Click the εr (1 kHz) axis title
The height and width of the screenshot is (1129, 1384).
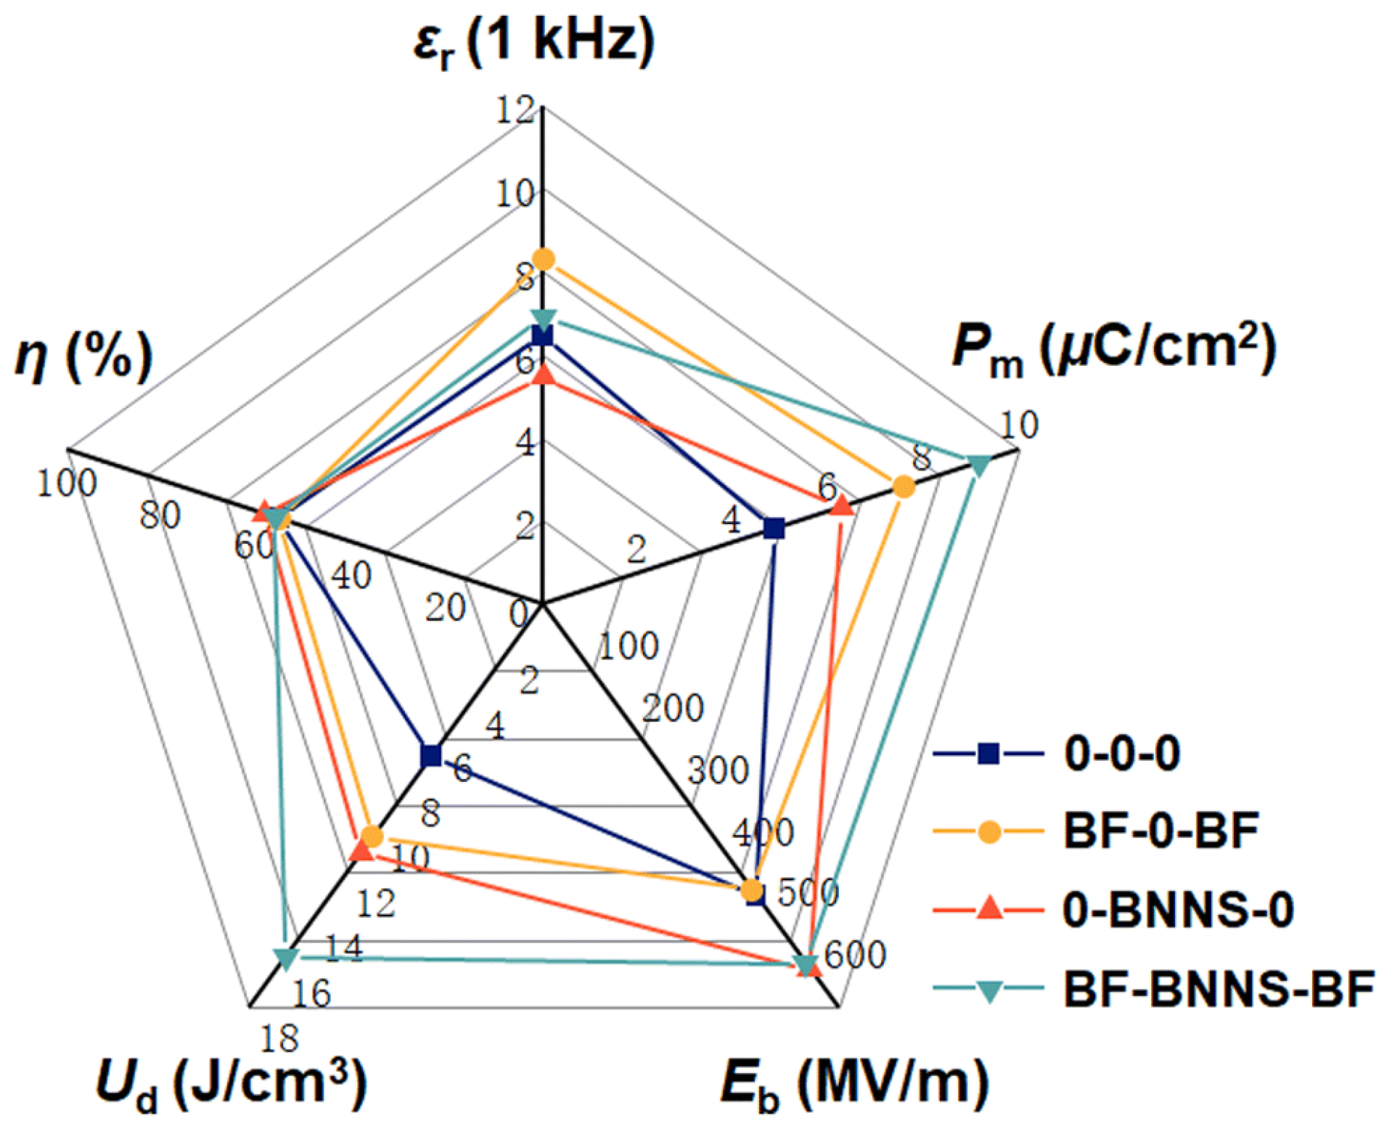click(x=533, y=42)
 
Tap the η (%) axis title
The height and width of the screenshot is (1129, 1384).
click(x=84, y=356)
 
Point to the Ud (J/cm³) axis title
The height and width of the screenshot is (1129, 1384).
click(x=231, y=1084)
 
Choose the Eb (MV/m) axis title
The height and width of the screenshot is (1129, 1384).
click(x=854, y=1084)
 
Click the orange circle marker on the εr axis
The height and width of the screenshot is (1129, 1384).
click(x=543, y=259)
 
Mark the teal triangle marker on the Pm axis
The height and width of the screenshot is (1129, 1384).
click(x=978, y=465)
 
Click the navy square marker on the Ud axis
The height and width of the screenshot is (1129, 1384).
click(x=431, y=755)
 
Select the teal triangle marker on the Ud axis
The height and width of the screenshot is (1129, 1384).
click(x=287, y=958)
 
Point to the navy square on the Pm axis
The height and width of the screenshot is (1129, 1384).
click(x=774, y=529)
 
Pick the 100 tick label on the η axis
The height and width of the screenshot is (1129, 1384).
click(x=66, y=483)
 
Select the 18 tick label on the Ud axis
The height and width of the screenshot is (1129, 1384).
click(x=279, y=1039)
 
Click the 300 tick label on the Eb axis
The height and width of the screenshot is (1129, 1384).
click(x=718, y=770)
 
